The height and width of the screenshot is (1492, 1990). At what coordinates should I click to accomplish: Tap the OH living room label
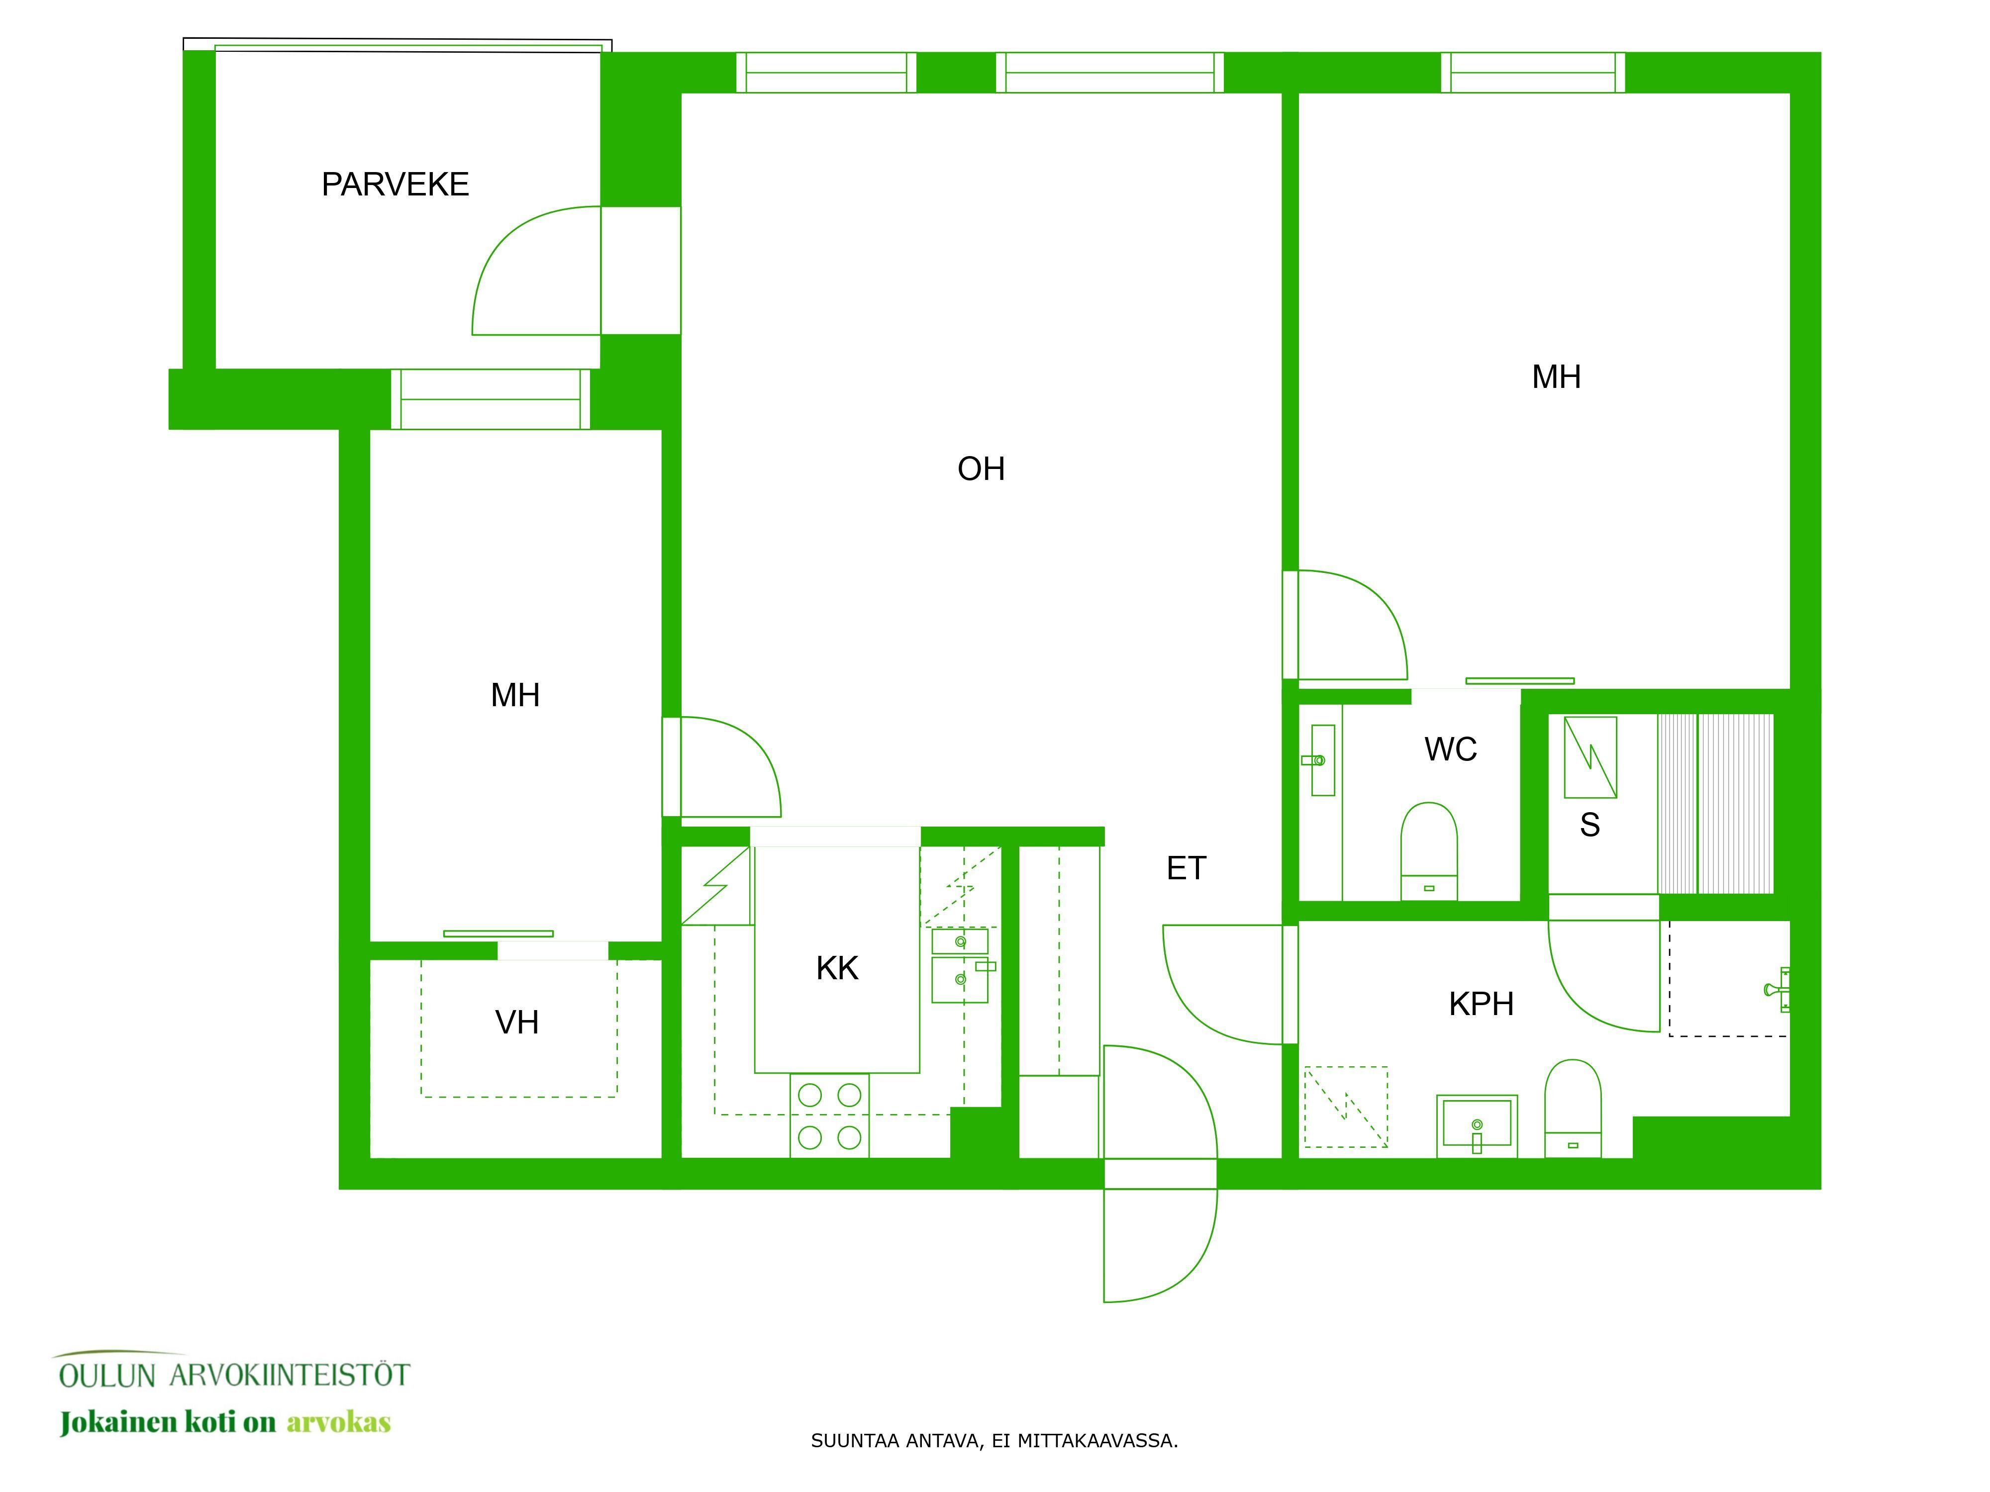coord(981,468)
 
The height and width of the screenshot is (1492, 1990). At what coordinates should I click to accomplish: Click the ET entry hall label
coord(1186,868)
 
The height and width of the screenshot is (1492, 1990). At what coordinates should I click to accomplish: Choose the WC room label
coord(1450,749)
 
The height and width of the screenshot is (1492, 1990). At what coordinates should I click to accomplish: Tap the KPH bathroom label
coord(1481,1004)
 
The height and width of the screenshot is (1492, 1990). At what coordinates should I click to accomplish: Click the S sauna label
coord(1590,825)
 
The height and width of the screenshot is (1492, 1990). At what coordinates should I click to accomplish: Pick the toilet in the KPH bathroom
coord(1573,1108)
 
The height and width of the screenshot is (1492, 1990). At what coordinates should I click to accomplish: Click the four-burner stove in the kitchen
coord(829,1115)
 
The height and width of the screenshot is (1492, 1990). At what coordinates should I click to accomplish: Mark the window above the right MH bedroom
coord(1533,72)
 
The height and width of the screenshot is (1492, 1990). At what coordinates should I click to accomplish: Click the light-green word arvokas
coord(338,1423)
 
